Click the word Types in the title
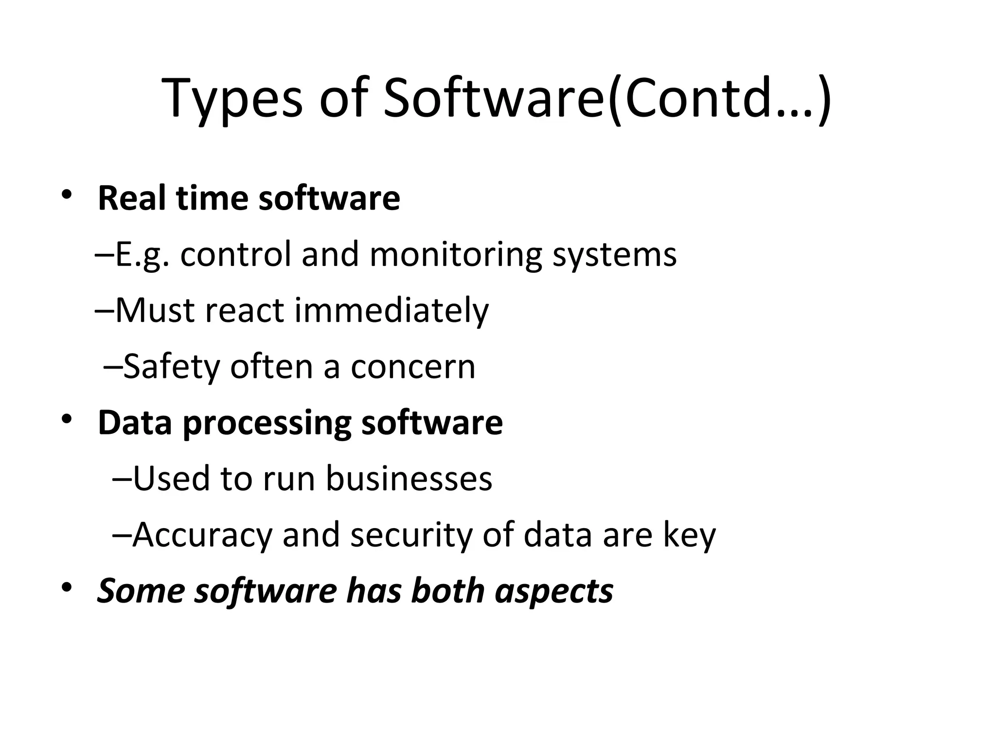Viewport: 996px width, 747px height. (232, 100)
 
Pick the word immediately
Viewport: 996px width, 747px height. (391, 311)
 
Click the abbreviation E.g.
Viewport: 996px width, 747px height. (142, 255)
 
